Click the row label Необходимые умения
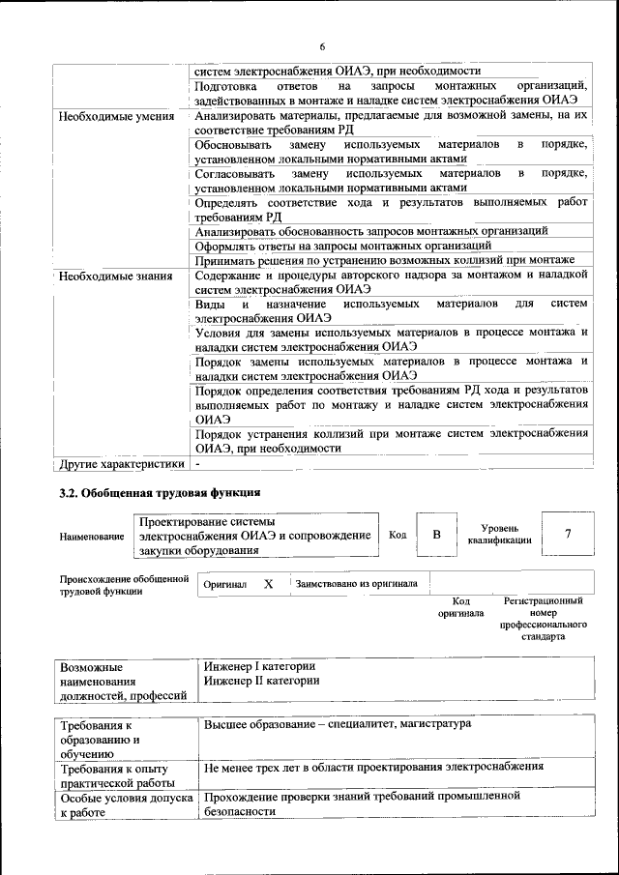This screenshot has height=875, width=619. pyautogui.click(x=115, y=117)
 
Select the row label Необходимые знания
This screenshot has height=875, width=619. pyautogui.click(x=115, y=276)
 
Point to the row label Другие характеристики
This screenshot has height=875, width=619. pyautogui.click(x=122, y=464)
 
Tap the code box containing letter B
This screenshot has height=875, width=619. pyautogui.click(x=436, y=534)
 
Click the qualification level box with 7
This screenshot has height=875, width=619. pyautogui.click(x=566, y=534)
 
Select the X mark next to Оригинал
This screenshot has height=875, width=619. pyautogui.click(x=269, y=584)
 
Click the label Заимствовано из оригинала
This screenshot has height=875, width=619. pyautogui.click(x=356, y=584)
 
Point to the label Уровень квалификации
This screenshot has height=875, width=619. pyautogui.click(x=499, y=535)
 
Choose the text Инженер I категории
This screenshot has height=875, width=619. pyautogui.click(x=259, y=666)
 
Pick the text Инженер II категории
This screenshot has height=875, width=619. pyautogui.click(x=261, y=680)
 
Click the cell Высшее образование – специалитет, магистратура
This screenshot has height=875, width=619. pyautogui.click(x=338, y=723)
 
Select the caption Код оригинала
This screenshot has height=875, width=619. pyautogui.click(x=460, y=607)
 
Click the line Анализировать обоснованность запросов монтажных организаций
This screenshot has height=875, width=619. pyautogui.click(x=371, y=231)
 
